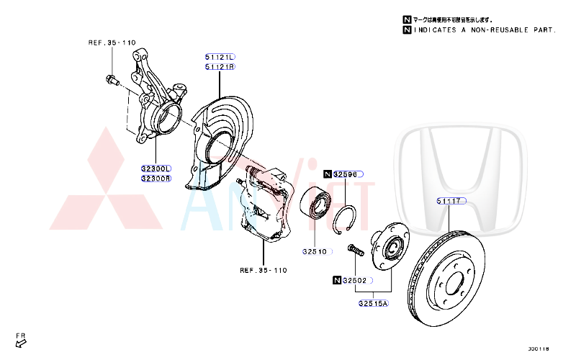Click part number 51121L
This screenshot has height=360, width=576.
point(220,57)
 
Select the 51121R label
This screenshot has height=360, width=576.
point(220,67)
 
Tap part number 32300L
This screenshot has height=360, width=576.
point(156,168)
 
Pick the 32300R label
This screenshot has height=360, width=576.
point(156,179)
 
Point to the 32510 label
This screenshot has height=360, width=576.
point(315,252)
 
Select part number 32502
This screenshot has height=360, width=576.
point(355,280)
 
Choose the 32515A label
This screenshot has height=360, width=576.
point(373,303)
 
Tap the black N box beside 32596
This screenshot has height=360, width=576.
point(328,174)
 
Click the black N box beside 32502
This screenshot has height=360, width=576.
point(337,280)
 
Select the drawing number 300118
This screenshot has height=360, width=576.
point(538,349)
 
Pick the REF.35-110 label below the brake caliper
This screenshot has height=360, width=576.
point(264,271)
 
